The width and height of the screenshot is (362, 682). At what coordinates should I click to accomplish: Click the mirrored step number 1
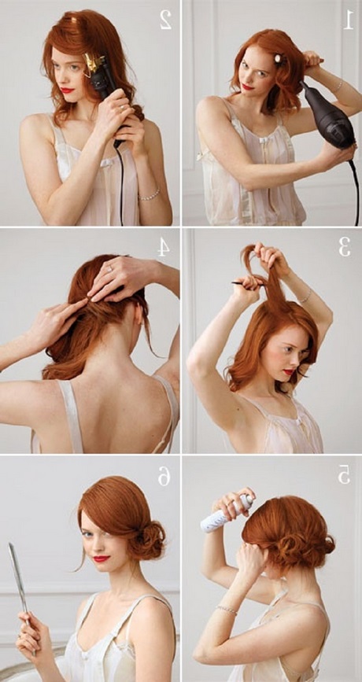(x=348, y=20)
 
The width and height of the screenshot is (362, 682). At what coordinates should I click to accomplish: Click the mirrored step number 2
(x=166, y=20)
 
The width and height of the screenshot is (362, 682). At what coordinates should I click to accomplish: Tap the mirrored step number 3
(x=344, y=248)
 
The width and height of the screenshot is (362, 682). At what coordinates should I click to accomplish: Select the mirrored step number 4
(x=163, y=249)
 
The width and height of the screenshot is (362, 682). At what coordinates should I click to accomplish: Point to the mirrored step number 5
(x=344, y=475)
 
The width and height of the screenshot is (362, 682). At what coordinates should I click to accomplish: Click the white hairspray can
(x=227, y=514)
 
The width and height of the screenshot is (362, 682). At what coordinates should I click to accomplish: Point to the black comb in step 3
(x=249, y=284)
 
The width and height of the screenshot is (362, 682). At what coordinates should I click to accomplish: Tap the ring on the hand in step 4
(x=110, y=269)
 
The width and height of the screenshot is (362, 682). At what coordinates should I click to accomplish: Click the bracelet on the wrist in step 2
(x=150, y=194)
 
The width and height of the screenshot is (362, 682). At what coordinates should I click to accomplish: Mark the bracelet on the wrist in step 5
(x=227, y=610)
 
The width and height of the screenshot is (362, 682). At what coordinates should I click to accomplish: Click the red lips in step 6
(x=101, y=559)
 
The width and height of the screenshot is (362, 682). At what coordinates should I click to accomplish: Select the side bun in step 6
(x=150, y=540)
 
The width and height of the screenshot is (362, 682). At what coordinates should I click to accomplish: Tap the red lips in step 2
(x=67, y=90)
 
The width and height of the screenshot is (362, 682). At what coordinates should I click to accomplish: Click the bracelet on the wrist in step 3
(x=305, y=297)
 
